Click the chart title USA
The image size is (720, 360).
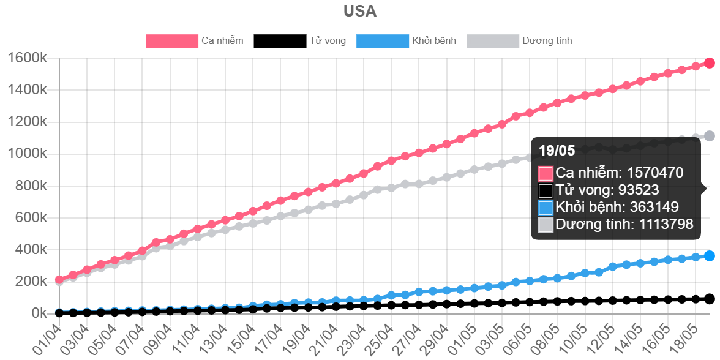[x=360, y=12]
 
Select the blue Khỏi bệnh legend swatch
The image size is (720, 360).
[x=382, y=41]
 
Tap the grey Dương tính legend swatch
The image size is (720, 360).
[x=493, y=41]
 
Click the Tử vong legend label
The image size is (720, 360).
[x=328, y=41]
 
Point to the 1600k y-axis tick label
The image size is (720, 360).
[x=27, y=58]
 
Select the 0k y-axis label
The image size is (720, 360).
[x=36, y=313]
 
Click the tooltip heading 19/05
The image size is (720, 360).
[x=557, y=151]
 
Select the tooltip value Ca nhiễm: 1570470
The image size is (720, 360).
[x=618, y=173]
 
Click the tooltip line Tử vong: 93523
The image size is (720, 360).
[x=607, y=190]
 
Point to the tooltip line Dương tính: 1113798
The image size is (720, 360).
[x=624, y=225]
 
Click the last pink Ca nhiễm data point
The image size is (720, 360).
[x=709, y=62]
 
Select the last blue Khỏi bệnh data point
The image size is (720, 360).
[x=709, y=256]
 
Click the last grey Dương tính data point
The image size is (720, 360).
[x=709, y=136]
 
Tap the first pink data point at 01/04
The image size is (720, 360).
[x=59, y=280]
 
